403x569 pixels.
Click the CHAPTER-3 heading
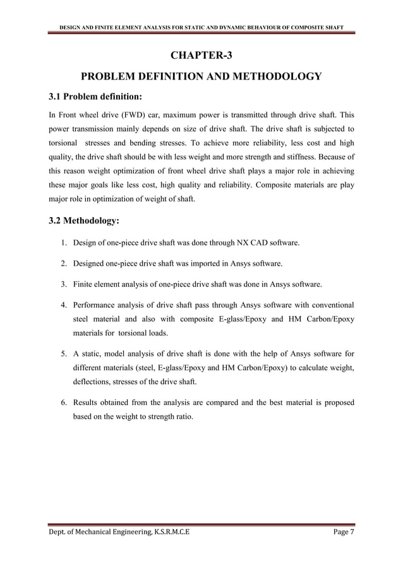(x=201, y=55)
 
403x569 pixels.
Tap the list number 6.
(x=64, y=402)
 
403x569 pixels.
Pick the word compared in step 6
(x=224, y=402)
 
